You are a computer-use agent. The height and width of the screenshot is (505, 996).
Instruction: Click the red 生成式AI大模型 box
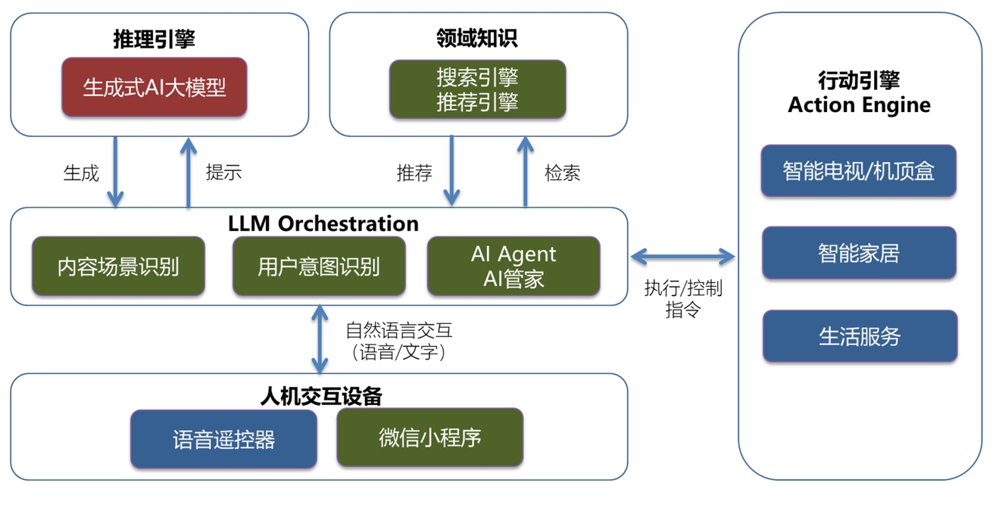(x=155, y=87)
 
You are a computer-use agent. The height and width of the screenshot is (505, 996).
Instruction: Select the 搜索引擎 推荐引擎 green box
(x=477, y=89)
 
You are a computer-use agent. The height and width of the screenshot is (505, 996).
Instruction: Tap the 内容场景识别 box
(x=118, y=266)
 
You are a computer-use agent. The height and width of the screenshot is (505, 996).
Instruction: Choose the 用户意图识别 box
(x=318, y=266)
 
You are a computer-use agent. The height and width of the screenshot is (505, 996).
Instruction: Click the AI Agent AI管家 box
(x=514, y=266)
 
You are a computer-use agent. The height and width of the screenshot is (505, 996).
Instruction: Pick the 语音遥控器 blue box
(x=223, y=439)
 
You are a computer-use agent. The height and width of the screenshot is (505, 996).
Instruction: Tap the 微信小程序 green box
(x=429, y=437)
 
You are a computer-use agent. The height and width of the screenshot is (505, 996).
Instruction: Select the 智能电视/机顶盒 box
(x=858, y=171)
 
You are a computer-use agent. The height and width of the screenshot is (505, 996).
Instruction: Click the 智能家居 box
(x=858, y=253)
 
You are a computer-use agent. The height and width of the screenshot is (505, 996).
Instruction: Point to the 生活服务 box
(x=860, y=335)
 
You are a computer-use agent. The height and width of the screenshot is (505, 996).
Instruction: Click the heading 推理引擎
(x=154, y=39)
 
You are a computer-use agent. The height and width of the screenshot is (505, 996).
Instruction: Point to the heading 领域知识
(x=477, y=38)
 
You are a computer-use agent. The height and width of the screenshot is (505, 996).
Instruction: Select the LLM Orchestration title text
(x=323, y=223)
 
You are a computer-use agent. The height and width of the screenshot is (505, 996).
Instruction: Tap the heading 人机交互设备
(x=321, y=396)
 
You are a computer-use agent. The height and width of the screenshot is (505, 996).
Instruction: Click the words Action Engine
(x=859, y=104)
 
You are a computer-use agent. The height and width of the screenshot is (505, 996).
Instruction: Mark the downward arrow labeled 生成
(x=115, y=171)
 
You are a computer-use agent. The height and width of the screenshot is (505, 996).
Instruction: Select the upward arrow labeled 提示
(x=188, y=171)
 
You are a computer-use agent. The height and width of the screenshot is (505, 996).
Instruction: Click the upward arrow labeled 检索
(x=524, y=171)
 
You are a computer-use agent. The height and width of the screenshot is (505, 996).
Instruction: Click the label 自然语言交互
(x=398, y=330)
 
